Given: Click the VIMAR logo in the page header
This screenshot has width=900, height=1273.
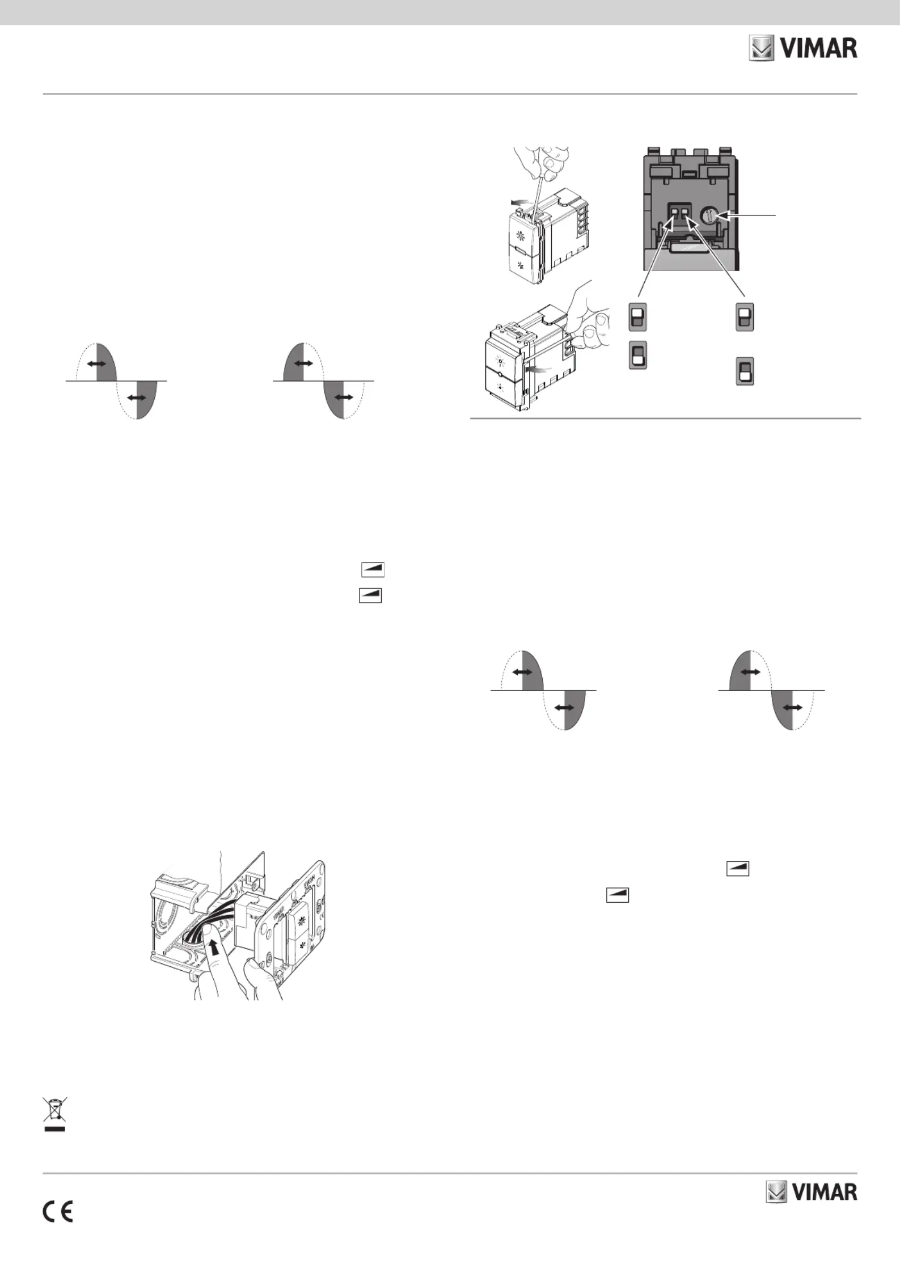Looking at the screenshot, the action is tap(803, 49).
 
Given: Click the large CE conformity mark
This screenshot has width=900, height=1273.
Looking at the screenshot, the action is tap(57, 1212).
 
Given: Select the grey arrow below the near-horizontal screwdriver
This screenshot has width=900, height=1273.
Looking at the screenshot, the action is tap(538, 369).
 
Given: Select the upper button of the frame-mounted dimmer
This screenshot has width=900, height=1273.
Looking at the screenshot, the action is tap(300, 923).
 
